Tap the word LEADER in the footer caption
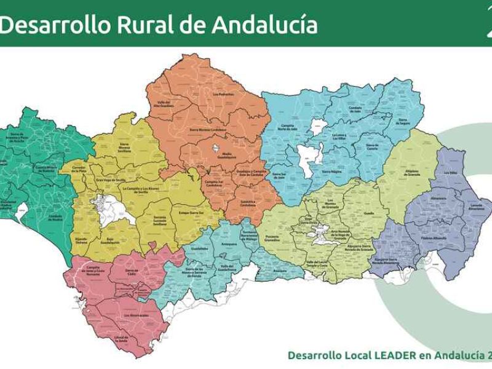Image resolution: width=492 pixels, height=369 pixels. click(375, 355)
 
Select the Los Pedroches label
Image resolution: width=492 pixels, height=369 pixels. click(224, 94)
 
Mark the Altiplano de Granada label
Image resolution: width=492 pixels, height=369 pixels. click(416, 173)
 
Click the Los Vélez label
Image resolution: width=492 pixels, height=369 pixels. click(451, 173)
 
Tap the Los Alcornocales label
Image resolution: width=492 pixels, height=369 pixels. click(135, 315)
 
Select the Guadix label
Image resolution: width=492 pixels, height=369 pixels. click(369, 212)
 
